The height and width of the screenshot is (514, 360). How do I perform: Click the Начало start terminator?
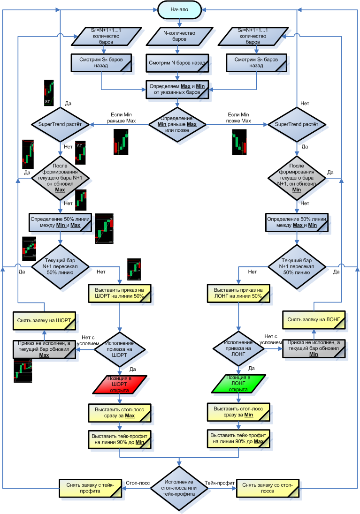click(179, 10)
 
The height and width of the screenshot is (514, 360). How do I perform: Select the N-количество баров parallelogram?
click(177, 36)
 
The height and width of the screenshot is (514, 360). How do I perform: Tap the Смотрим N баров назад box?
click(177, 62)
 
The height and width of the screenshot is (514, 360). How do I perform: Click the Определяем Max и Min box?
click(177, 89)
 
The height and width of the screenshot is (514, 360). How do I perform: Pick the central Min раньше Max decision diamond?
click(177, 124)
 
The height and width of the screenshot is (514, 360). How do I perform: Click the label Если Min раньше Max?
click(123, 117)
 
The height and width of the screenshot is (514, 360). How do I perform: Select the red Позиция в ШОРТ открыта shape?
click(120, 384)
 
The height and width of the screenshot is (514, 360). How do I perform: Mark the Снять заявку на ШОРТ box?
click(44, 321)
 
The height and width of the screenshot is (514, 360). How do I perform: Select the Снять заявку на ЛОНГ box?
click(313, 321)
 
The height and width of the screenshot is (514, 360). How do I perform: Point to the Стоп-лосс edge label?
click(138, 482)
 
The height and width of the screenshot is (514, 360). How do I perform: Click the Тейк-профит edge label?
click(220, 482)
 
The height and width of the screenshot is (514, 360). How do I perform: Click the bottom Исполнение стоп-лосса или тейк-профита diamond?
click(179, 488)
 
